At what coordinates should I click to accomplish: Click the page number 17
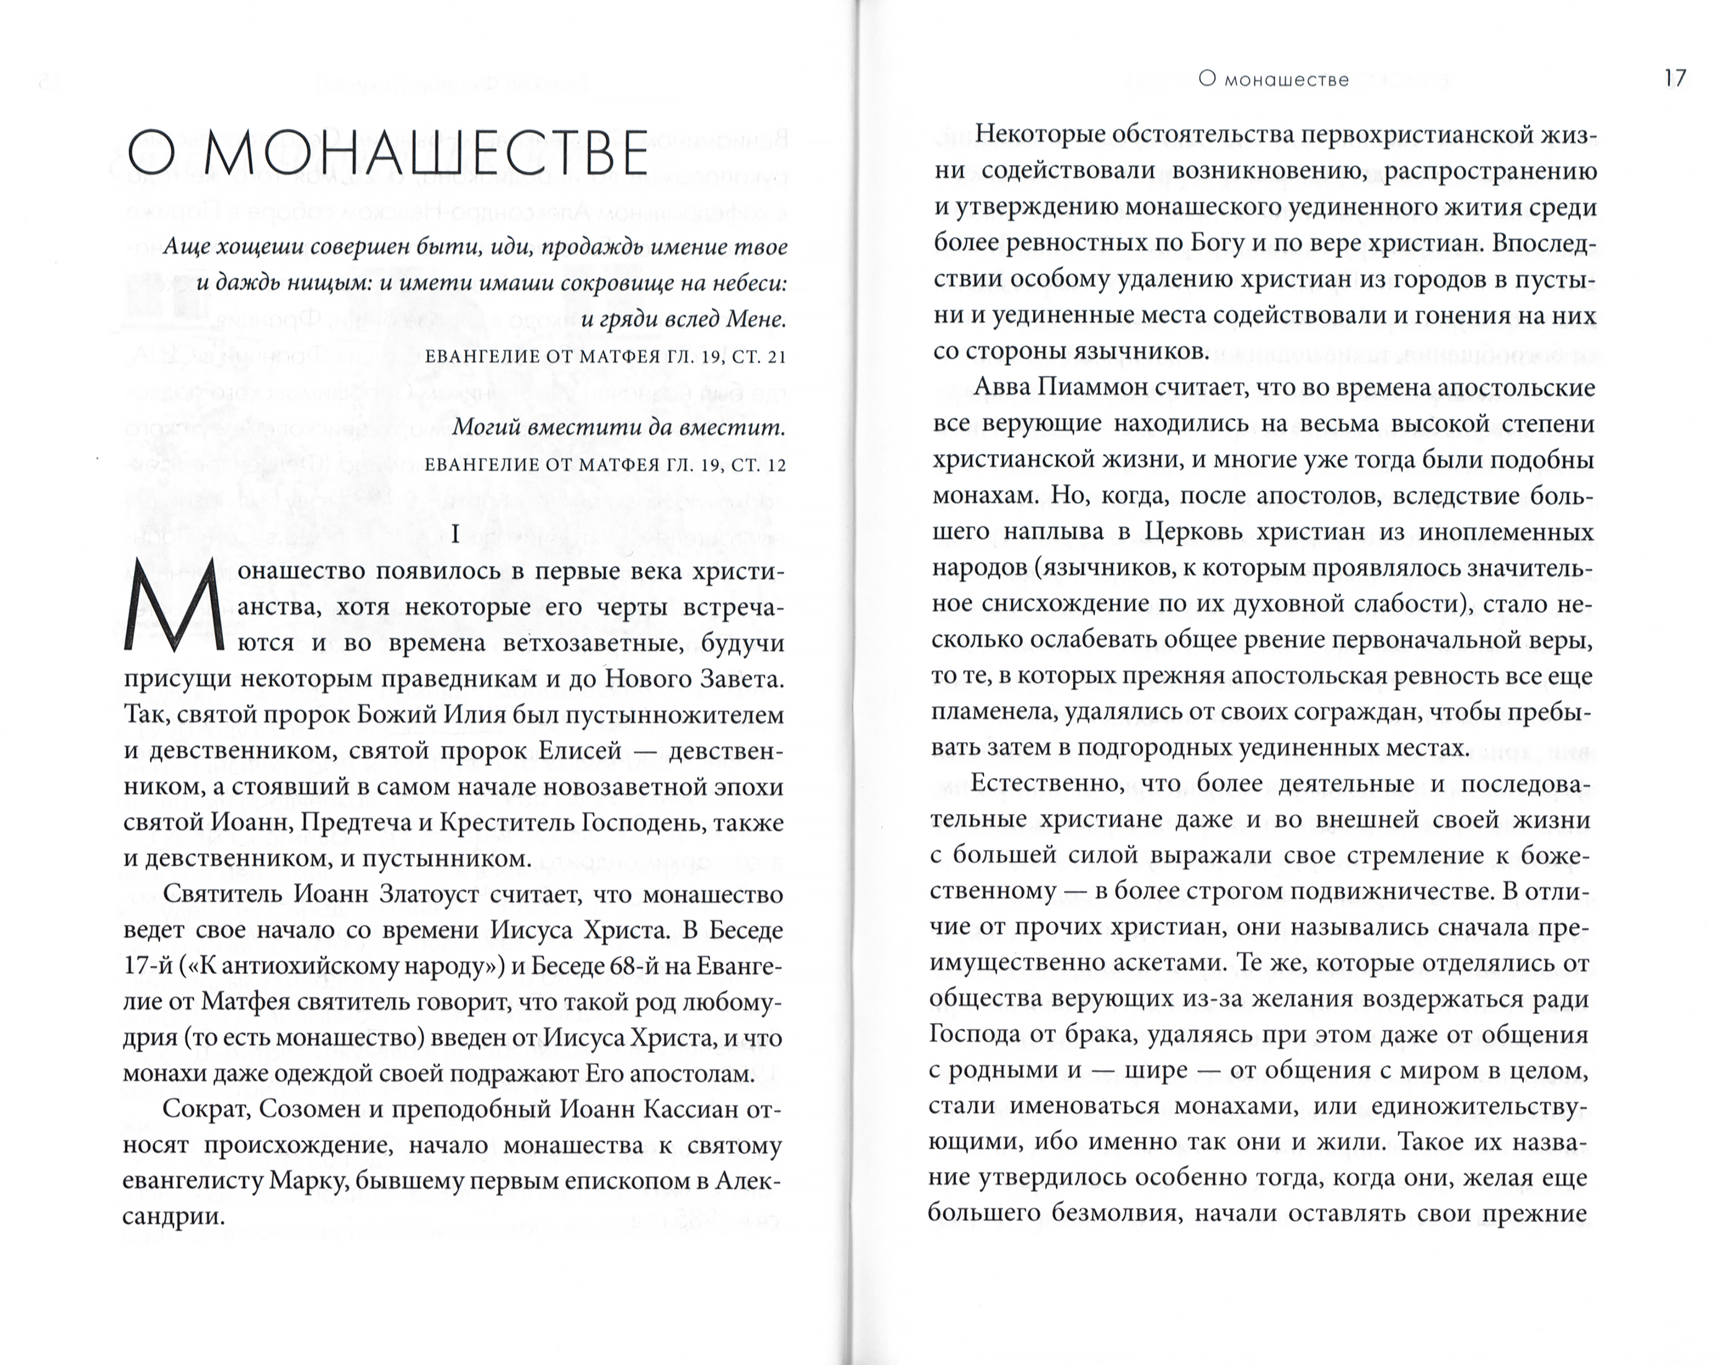coord(1675,78)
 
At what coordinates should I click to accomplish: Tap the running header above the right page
coord(1273,80)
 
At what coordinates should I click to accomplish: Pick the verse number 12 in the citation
coord(776,464)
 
